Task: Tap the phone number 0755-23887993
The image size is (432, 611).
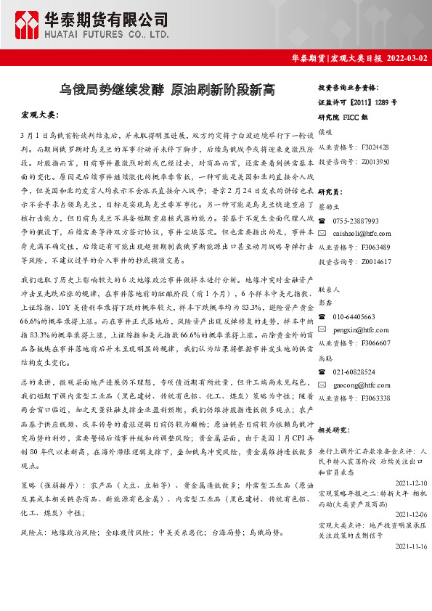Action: pyautogui.click(x=356, y=221)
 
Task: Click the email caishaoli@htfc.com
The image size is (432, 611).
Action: pyautogui.click(x=362, y=234)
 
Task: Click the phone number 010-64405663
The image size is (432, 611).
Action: pyautogui.click(x=354, y=317)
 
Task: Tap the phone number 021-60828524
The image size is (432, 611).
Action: pyautogui.click(x=354, y=372)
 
